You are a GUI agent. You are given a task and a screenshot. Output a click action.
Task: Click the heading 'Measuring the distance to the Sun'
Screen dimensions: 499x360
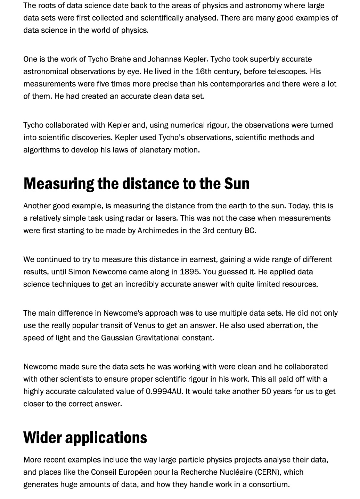(x=136, y=183)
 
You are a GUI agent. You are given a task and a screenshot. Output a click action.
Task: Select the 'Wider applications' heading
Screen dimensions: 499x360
(x=85, y=437)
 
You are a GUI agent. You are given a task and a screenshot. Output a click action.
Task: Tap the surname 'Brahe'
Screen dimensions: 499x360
(x=121, y=59)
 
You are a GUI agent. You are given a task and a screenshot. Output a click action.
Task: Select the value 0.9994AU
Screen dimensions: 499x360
(x=164, y=391)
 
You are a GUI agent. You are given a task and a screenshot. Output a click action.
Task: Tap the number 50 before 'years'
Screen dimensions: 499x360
(x=266, y=391)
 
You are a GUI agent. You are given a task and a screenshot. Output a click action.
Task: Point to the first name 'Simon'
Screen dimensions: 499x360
(x=78, y=272)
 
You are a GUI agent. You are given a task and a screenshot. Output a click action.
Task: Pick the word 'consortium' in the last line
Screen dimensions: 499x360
(x=268, y=484)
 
